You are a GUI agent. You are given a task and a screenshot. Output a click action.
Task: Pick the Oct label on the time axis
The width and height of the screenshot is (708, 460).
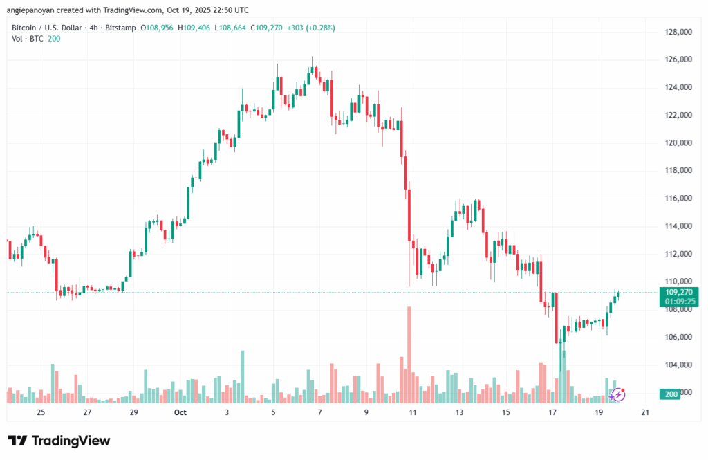pos(180,413)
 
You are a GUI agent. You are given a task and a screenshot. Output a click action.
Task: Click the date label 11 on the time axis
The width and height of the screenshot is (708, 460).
pos(413,413)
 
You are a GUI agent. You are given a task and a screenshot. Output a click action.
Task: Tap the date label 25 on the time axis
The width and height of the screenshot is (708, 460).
pos(41,413)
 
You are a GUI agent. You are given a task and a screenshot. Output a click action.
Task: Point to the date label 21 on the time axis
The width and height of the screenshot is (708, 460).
pos(645,413)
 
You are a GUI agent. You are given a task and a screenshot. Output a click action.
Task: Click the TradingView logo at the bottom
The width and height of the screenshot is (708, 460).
pos(59,441)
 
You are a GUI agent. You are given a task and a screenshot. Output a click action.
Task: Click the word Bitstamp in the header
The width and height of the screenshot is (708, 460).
pos(120,28)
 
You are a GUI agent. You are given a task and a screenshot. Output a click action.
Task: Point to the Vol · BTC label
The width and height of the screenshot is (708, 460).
pos(28,38)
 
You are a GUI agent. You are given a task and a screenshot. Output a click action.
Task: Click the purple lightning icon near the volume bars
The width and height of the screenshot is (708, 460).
pos(617,394)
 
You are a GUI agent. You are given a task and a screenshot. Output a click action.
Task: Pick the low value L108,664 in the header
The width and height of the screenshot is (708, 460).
pos(232,28)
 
